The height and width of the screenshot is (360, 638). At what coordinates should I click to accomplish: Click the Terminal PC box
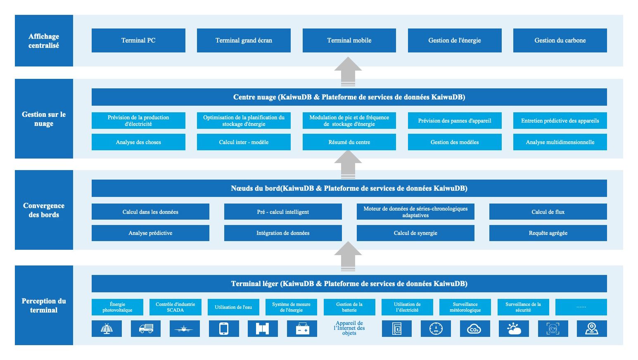tap(138, 40)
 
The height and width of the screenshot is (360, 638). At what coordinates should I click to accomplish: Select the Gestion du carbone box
tap(560, 40)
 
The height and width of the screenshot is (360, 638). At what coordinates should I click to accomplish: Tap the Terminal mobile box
tap(349, 40)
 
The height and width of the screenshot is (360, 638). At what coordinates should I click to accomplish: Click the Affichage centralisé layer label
tap(44, 41)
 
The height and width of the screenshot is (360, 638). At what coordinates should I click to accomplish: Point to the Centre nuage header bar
tap(349, 97)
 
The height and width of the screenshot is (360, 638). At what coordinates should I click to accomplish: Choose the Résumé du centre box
tap(349, 142)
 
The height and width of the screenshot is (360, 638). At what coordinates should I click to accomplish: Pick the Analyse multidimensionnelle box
tap(560, 142)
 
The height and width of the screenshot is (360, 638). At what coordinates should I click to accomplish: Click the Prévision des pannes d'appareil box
tap(455, 121)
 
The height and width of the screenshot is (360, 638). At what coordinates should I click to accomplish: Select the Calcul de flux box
tap(548, 212)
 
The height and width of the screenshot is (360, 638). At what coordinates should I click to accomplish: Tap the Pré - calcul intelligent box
tap(283, 212)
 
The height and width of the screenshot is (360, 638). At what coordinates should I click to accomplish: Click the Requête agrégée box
tap(548, 233)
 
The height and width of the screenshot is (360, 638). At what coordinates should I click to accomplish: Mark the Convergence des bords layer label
tap(44, 210)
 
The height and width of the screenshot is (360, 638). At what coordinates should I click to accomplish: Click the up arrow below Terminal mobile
tap(348, 71)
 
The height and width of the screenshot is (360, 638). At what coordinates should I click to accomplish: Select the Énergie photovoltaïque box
tap(117, 307)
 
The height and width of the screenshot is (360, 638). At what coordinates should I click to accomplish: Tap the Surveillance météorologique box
tap(465, 307)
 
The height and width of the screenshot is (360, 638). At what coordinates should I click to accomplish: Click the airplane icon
tap(185, 329)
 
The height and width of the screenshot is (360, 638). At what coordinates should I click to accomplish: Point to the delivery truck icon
tap(146, 329)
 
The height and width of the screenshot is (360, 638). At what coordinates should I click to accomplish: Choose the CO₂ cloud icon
tap(474, 329)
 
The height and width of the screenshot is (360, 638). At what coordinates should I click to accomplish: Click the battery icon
tap(302, 329)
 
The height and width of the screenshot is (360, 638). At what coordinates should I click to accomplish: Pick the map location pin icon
tap(592, 329)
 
